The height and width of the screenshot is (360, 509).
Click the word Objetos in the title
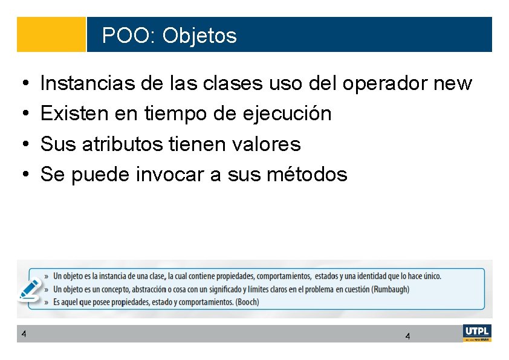tap(199, 36)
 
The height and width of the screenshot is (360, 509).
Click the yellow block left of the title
tap(51, 34)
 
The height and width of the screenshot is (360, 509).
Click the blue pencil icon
tap(30, 289)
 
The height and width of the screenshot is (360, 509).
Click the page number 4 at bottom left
tap(23, 333)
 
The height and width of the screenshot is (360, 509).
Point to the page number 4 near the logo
tap(407, 336)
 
